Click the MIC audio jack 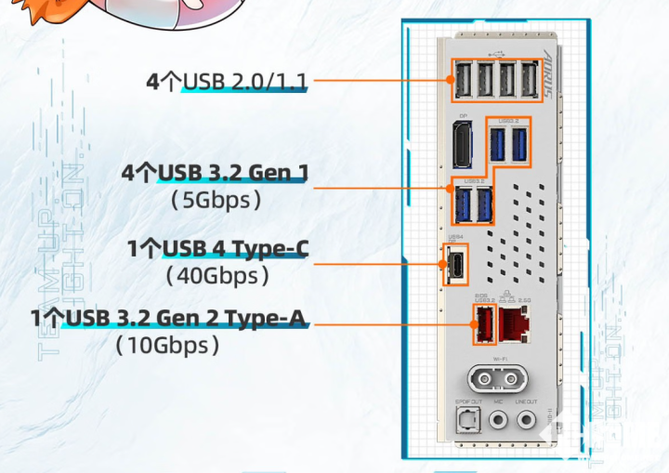tap(498, 420)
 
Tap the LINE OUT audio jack tap(526, 420)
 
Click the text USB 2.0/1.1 tap(245, 82)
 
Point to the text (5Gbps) tap(216, 199)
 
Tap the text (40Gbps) tap(217, 275)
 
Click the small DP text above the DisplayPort tap(461, 118)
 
